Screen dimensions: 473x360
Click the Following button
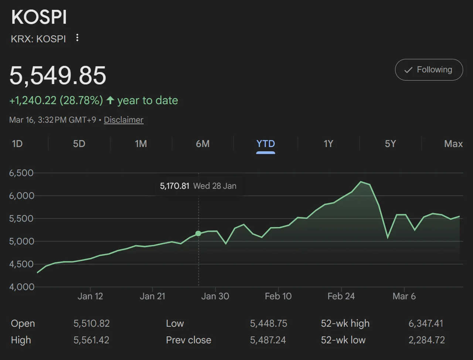(429, 70)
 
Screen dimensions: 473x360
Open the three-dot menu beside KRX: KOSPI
(77, 38)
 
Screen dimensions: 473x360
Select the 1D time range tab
(17, 144)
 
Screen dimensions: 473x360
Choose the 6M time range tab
(203, 144)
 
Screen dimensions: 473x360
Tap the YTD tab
(265, 144)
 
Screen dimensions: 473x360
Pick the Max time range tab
(453, 144)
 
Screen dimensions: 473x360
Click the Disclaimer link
(124, 120)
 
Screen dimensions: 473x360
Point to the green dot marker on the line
(198, 233)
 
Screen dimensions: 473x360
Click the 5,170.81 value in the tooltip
(174, 186)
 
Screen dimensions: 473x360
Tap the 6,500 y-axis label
(21, 173)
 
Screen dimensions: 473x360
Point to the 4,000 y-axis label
(21, 287)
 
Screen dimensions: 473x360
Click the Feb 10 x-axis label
(278, 296)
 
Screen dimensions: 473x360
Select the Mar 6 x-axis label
(404, 296)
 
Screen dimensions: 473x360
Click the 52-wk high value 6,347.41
(426, 323)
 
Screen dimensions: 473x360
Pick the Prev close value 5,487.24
(268, 340)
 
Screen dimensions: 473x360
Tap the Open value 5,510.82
(91, 323)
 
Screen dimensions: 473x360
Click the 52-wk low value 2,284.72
(427, 340)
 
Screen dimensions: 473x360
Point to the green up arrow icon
(110, 100)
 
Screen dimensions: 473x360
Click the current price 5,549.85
(58, 75)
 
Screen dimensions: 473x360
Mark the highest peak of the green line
(361, 182)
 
